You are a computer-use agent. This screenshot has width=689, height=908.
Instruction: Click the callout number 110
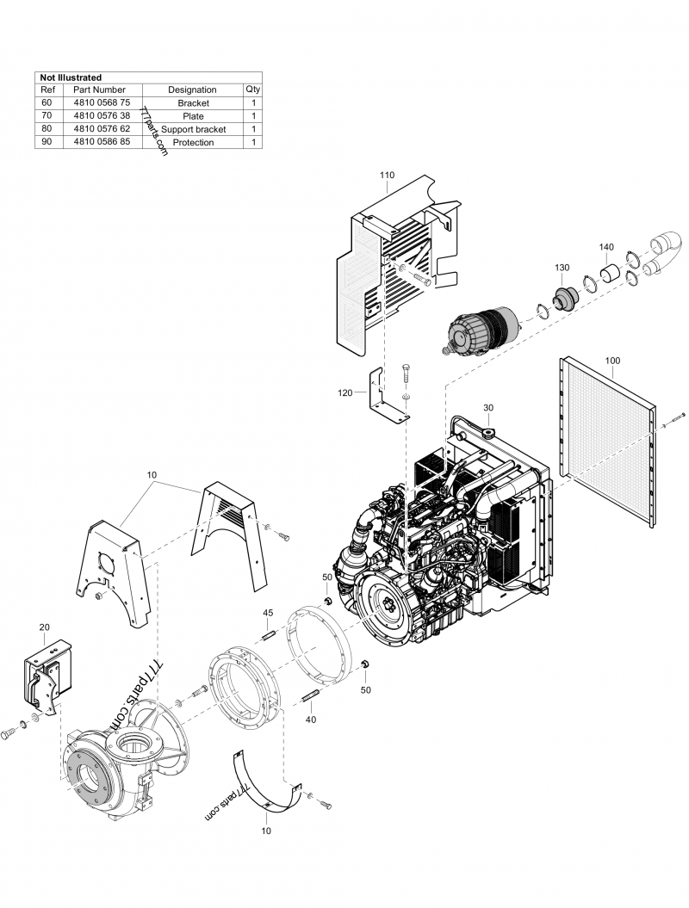tap(387, 175)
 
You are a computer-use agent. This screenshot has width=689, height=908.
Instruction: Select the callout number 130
tap(562, 268)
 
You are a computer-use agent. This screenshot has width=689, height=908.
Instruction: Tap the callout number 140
tap(606, 247)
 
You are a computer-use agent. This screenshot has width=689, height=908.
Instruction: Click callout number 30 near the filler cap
tap(488, 407)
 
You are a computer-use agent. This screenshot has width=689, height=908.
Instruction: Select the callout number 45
tap(268, 613)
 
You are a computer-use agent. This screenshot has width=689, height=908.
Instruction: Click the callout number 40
tap(311, 719)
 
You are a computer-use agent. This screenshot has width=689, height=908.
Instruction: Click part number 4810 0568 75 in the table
tap(102, 103)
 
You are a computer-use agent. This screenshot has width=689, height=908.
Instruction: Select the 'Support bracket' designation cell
tap(193, 129)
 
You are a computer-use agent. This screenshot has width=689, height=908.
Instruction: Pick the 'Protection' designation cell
tap(193, 142)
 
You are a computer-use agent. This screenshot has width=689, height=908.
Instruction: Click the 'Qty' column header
tap(252, 90)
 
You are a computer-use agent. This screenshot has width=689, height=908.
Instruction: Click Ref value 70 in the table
tap(47, 116)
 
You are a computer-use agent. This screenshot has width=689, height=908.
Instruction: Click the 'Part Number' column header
tap(100, 90)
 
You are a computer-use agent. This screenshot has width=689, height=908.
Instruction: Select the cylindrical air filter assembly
tap(478, 331)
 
